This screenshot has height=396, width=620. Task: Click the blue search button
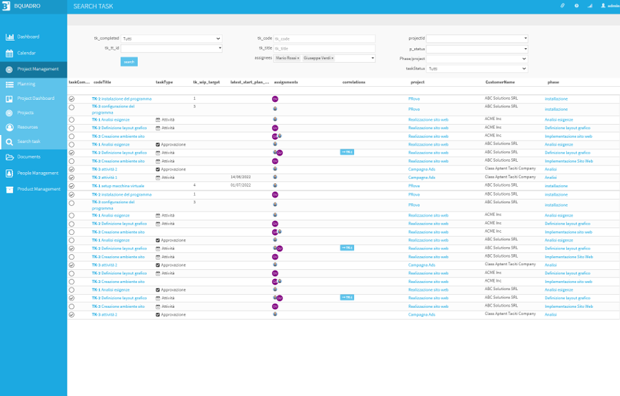(x=129, y=62)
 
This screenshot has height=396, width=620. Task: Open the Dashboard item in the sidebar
(x=28, y=37)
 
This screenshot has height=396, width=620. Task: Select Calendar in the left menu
(x=26, y=53)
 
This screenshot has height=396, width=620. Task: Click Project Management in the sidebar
(x=38, y=69)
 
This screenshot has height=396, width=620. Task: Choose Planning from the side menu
(x=26, y=84)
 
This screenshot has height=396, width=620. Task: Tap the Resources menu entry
(x=28, y=127)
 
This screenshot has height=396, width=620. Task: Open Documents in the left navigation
(x=30, y=157)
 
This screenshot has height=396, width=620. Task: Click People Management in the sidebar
(x=38, y=173)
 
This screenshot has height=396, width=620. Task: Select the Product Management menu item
(x=39, y=189)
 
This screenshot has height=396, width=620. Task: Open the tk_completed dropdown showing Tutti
(x=172, y=39)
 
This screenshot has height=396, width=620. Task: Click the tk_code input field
(x=324, y=39)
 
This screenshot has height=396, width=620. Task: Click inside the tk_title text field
(x=324, y=48)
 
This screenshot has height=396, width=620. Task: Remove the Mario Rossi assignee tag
(x=298, y=59)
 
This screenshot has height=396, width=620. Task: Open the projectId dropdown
(x=477, y=39)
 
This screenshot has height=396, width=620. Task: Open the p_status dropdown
(x=477, y=49)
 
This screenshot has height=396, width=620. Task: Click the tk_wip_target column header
(x=207, y=82)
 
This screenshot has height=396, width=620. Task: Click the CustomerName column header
(x=500, y=82)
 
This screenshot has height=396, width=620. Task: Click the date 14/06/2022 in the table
(x=240, y=178)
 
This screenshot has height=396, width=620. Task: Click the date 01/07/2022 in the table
(x=240, y=185)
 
